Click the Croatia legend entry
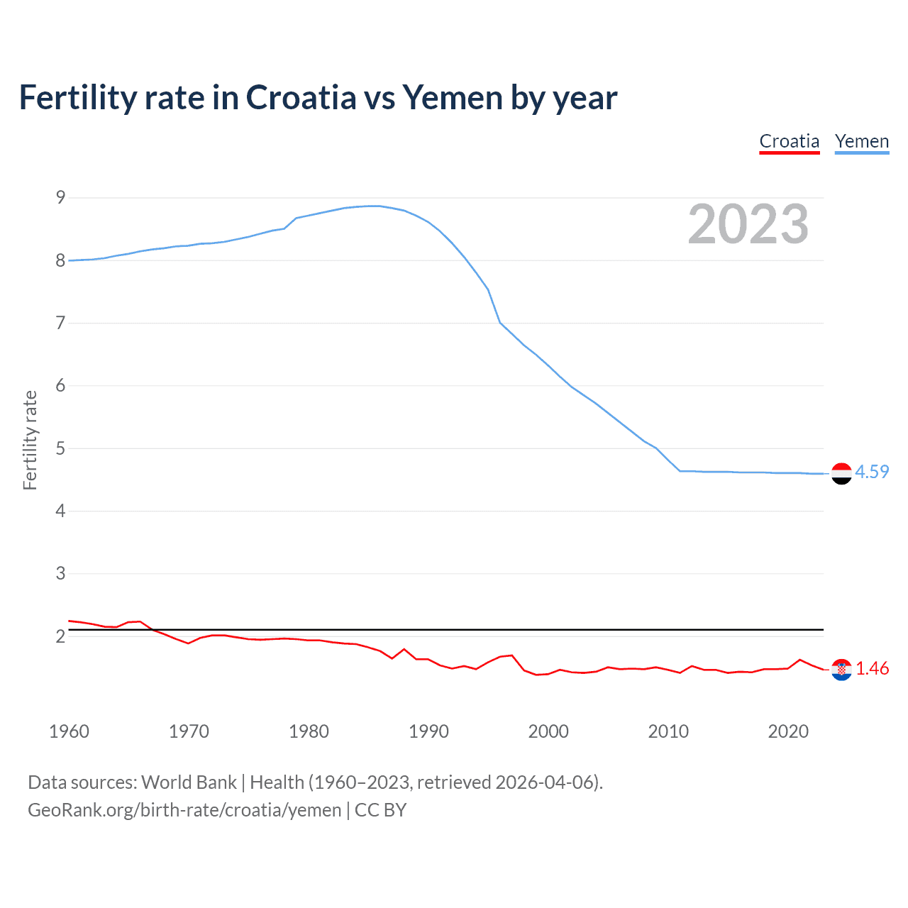[x=789, y=141]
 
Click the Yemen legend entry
[x=861, y=141]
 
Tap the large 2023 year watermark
[x=748, y=224]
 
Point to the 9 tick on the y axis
[x=60, y=197]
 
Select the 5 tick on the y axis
[x=60, y=448]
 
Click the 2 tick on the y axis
[x=60, y=636]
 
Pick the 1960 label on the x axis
[x=69, y=731]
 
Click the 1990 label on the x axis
[x=428, y=731]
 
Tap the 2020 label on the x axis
[x=788, y=731]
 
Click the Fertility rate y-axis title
[x=30, y=440]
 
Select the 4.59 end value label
[x=872, y=472]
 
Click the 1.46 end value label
[x=872, y=668]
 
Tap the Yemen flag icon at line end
[x=841, y=473]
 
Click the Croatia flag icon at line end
[x=841, y=669]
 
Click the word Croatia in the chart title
[x=301, y=97]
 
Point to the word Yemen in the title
[x=453, y=97]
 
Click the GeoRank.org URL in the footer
[x=184, y=810]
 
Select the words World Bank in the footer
[x=189, y=782]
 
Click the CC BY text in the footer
[x=380, y=810]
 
